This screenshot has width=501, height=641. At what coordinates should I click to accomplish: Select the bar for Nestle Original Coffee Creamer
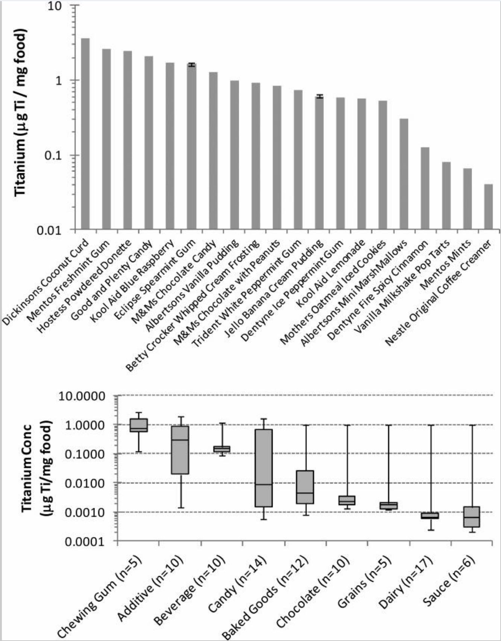489,207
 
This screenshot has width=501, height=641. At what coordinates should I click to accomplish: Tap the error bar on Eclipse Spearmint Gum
192,65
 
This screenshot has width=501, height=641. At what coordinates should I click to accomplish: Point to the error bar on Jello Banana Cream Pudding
319,96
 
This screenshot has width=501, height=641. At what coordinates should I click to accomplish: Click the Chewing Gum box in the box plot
138,425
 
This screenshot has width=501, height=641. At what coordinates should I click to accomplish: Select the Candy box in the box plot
264,468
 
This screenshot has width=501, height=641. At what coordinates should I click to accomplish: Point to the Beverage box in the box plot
222,449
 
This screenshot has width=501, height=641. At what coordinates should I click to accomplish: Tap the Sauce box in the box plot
472,517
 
